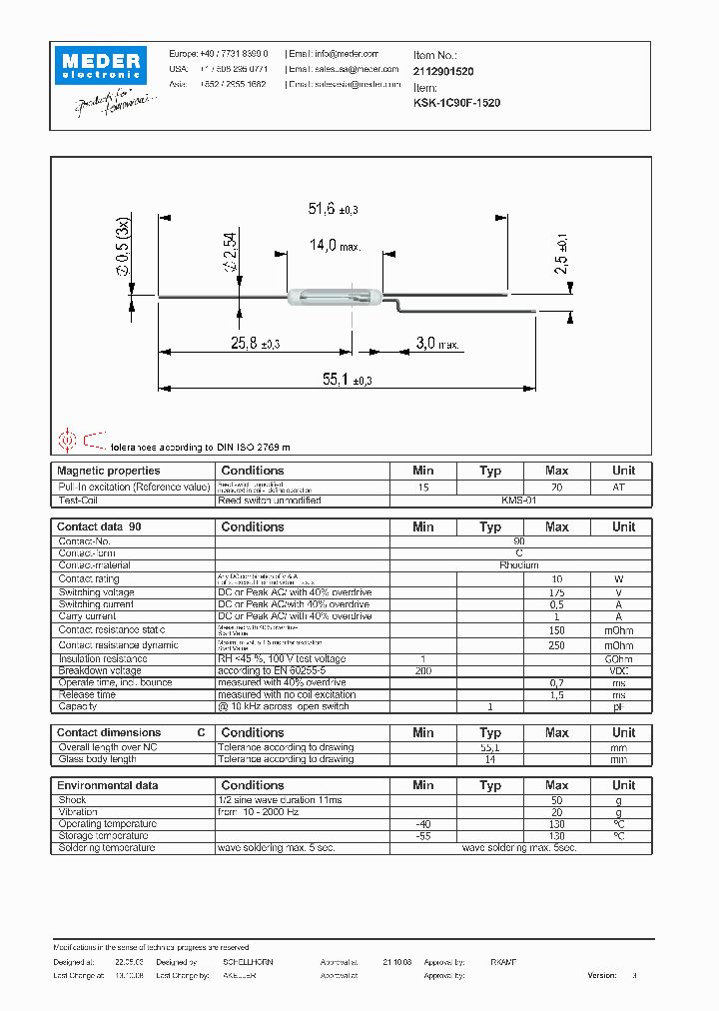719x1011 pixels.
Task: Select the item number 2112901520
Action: click(443, 72)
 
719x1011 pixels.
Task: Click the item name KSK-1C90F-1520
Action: click(457, 103)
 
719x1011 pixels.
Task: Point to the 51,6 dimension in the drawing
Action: click(333, 209)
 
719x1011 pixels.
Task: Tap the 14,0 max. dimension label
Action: click(336, 245)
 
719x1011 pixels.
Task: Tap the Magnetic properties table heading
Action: click(108, 471)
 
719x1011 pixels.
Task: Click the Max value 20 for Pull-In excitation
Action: click(556, 487)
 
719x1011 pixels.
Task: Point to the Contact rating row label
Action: click(89, 578)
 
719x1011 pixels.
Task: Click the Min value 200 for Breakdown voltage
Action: click(422, 670)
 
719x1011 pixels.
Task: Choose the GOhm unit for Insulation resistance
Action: click(623, 658)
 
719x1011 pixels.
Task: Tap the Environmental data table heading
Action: click(107, 785)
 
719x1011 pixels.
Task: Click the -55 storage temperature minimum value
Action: click(422, 836)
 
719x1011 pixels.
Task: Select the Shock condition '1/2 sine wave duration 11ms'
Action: click(279, 800)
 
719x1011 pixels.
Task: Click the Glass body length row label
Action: click(98, 759)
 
